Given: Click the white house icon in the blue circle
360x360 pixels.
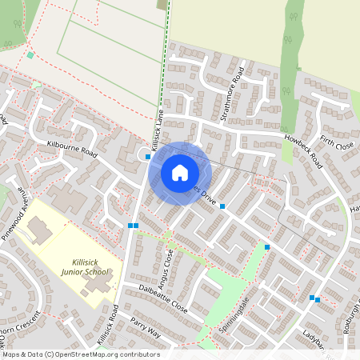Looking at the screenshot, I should pos(180,172).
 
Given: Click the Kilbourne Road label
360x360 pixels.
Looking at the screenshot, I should pos(72,149).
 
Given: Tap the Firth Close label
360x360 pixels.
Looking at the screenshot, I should pos(337,145).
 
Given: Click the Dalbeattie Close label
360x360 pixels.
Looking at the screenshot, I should pos(162,297).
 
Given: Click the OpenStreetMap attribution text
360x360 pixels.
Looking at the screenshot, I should pos(81,354).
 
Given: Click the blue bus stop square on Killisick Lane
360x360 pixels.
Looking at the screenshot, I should pos(149,157).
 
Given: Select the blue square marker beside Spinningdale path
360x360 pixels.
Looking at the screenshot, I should pos(267,246).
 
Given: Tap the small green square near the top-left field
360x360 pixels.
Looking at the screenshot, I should pos(30,55).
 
